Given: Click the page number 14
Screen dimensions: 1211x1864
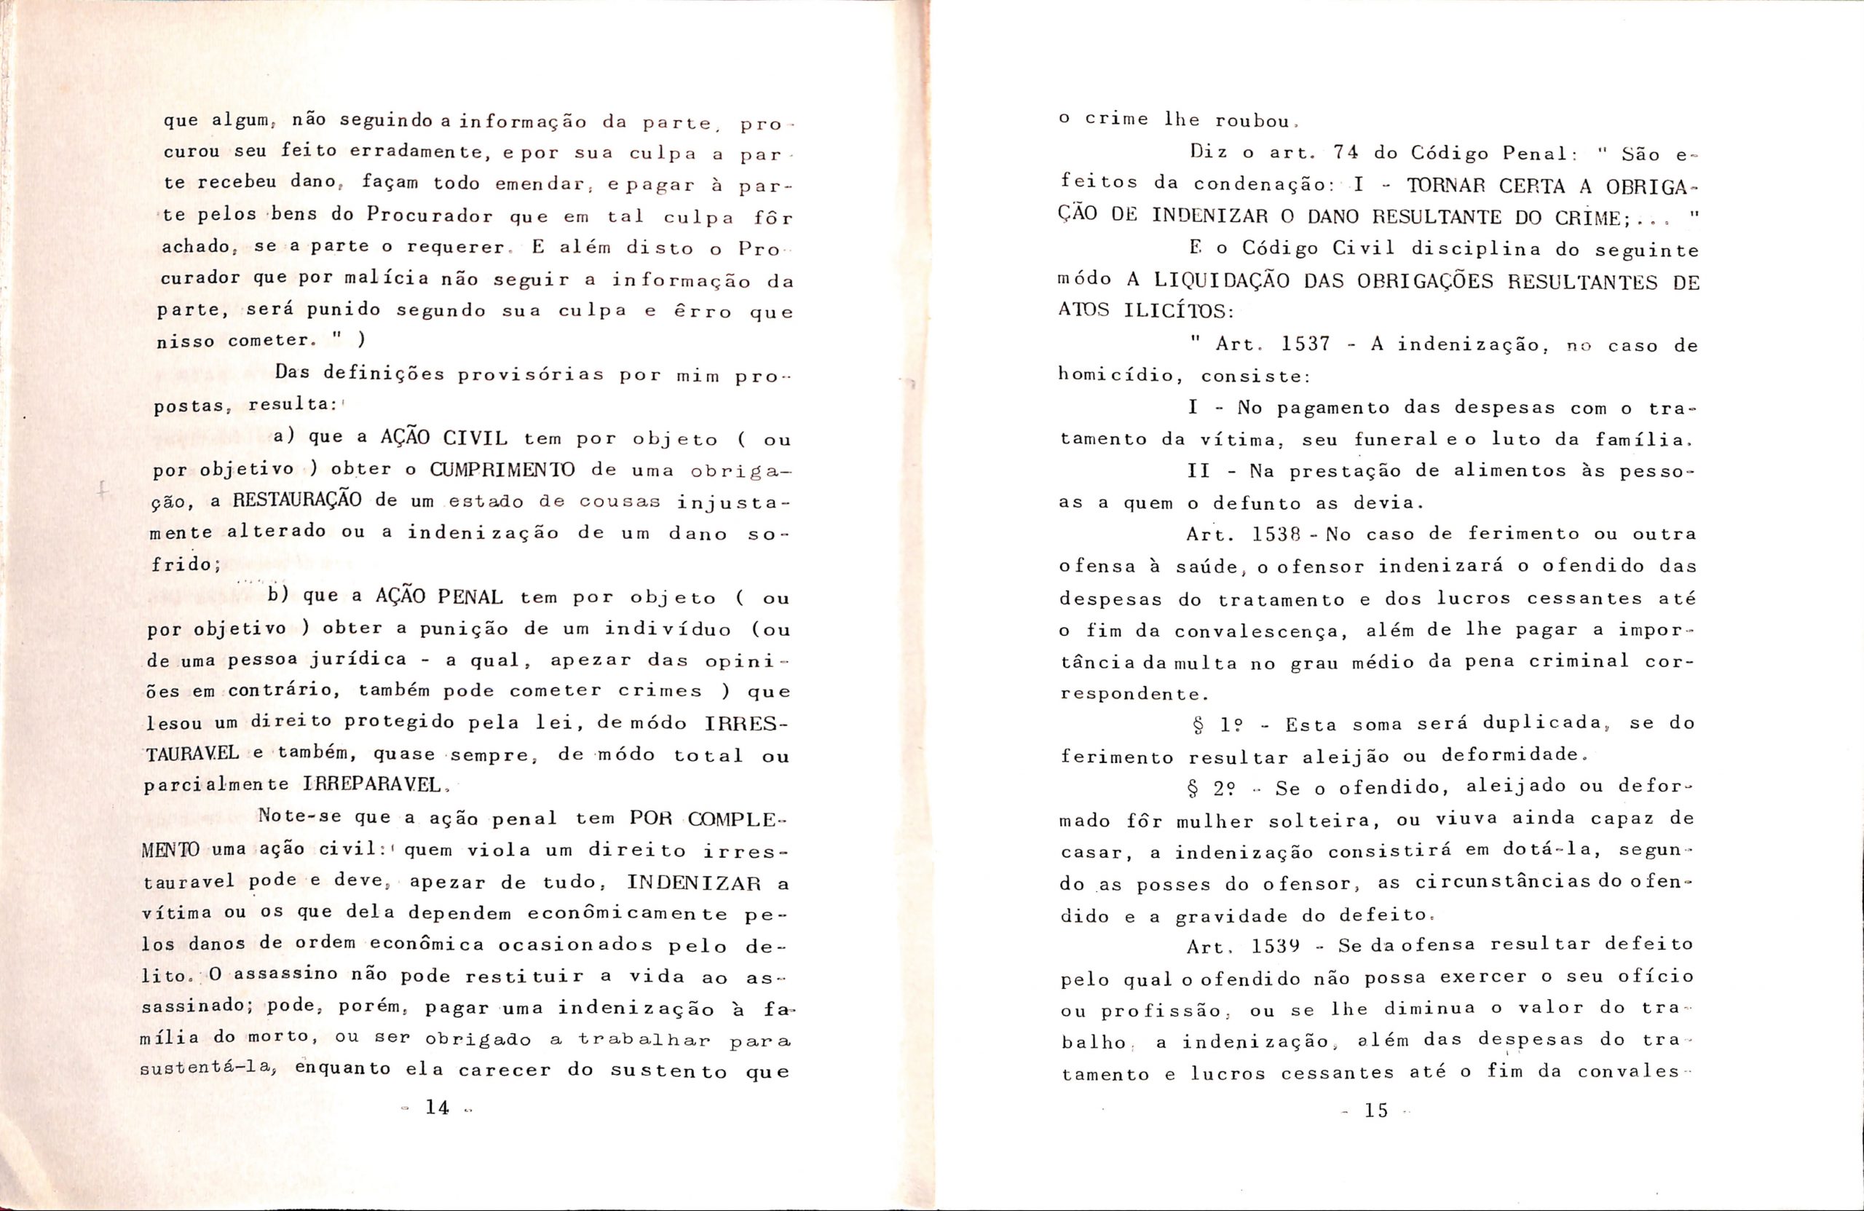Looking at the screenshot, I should click(436, 1107).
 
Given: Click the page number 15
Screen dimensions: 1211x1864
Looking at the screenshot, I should click(1375, 1110).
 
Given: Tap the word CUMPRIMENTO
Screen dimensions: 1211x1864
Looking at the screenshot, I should click(502, 470).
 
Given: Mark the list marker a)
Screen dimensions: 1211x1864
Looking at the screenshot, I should click(283, 437).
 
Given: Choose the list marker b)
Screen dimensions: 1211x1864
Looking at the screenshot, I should click(280, 596).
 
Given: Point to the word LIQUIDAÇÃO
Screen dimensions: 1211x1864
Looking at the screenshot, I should click(1222, 280).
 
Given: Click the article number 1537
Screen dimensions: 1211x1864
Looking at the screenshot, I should click(1306, 344).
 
